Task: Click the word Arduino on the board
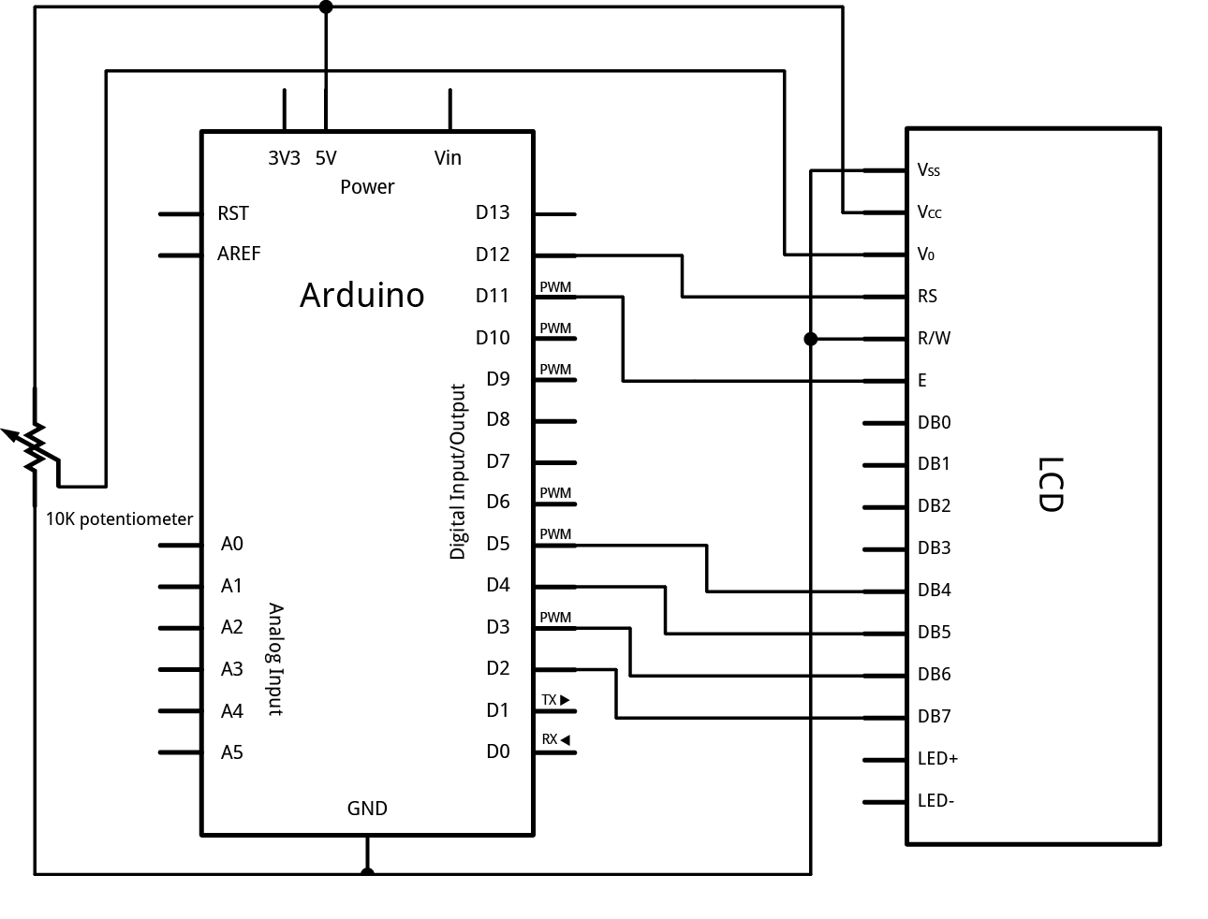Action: coord(361,295)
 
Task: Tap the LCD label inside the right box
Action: coord(1051,484)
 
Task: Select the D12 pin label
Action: coord(493,254)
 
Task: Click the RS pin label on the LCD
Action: coord(927,297)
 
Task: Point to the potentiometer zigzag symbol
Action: coord(36,447)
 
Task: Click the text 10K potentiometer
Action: coord(120,518)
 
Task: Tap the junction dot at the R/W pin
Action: coord(811,339)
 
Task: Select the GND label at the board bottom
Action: coord(367,809)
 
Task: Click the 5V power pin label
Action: coord(326,158)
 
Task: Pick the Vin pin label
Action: coord(448,158)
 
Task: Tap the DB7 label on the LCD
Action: coord(935,717)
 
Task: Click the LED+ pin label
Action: coord(937,759)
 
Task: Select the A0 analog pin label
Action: coord(231,544)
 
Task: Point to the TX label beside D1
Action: coord(550,700)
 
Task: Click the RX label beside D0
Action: coord(550,739)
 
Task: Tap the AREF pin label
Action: coord(239,254)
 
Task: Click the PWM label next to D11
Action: coord(555,287)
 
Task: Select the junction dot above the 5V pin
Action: coord(326,7)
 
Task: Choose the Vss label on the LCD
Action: coord(929,170)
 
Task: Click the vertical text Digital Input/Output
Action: coord(458,472)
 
